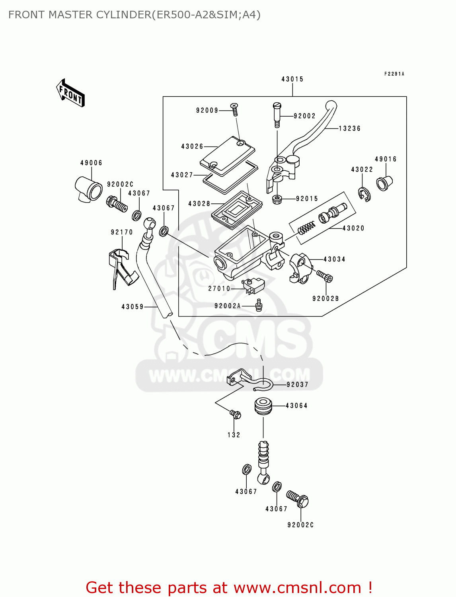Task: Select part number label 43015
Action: click(x=292, y=79)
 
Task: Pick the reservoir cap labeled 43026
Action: click(x=227, y=156)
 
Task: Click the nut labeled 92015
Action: click(x=277, y=199)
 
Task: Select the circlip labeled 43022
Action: click(x=364, y=194)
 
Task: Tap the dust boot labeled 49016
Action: click(x=384, y=183)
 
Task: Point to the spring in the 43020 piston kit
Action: click(x=306, y=228)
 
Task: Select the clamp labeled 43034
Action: click(x=299, y=268)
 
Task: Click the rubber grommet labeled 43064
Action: click(x=263, y=406)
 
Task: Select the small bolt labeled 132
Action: click(x=235, y=415)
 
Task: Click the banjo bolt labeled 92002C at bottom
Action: click(x=298, y=499)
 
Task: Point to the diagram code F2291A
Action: click(x=394, y=74)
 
